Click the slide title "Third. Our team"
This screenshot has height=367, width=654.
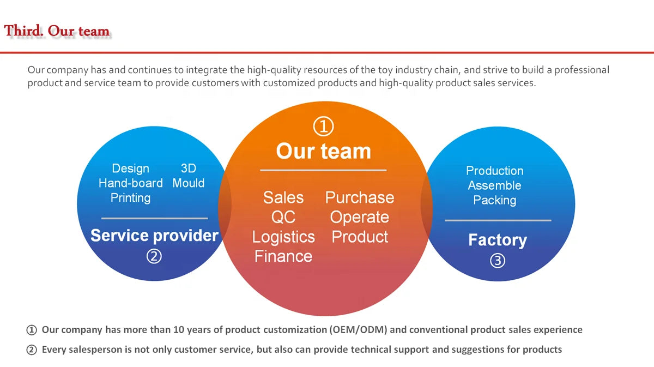tap(57, 31)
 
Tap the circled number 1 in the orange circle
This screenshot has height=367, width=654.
tap(323, 127)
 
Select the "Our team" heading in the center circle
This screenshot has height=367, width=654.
tap(323, 151)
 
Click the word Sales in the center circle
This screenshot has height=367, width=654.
tap(283, 197)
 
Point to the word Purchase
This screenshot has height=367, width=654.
tap(359, 197)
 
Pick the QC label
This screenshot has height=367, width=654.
tap(283, 217)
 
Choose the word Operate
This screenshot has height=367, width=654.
tap(359, 217)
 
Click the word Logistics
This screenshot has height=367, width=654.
tap(283, 237)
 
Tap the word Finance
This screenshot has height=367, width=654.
tap(283, 256)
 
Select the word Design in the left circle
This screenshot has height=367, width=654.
tap(130, 169)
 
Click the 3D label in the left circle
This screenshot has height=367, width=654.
tap(188, 169)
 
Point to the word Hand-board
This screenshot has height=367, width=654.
tap(130, 183)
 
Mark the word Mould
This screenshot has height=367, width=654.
tap(188, 183)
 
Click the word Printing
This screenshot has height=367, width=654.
tap(130, 197)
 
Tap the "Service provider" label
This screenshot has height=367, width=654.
tap(154, 236)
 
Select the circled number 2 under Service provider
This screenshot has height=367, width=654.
tap(154, 256)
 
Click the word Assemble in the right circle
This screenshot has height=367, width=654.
tap(494, 185)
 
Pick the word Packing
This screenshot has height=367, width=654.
tap(494, 200)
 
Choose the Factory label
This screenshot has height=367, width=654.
tap(497, 240)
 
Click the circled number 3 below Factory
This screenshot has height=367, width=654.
tap(497, 261)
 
